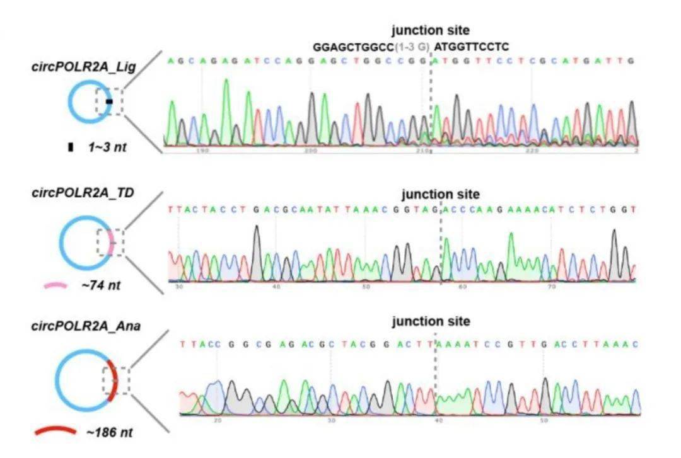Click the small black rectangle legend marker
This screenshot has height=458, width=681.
click(x=71, y=147)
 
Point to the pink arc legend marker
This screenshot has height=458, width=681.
click(x=55, y=285)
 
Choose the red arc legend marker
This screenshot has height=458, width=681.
click(x=55, y=432)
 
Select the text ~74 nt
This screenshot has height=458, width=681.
click(x=101, y=286)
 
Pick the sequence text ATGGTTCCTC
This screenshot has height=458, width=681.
click(x=472, y=47)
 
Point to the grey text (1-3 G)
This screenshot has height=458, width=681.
click(x=412, y=47)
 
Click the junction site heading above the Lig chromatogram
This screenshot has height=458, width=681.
click(x=431, y=30)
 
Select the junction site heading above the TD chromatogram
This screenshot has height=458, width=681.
click(x=440, y=194)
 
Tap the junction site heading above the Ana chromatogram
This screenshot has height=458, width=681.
click(x=431, y=321)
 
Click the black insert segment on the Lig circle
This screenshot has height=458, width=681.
click(x=109, y=101)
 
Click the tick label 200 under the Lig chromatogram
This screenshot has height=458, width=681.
click(x=311, y=151)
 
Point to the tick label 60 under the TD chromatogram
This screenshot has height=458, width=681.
click(x=462, y=287)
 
